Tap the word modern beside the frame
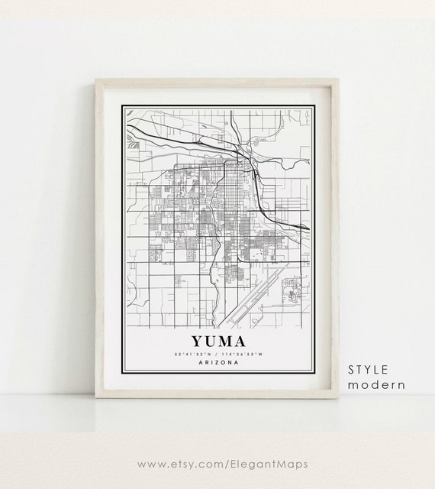[x=376, y=384]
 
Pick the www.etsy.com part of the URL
[x=179, y=462]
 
